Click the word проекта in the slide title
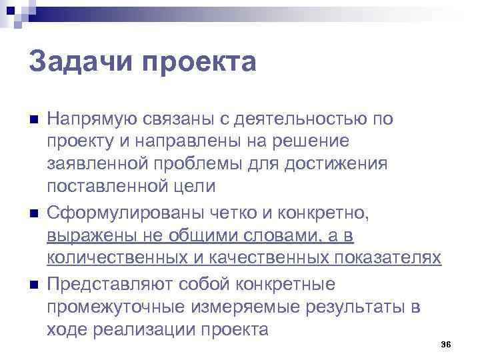tap(207, 64)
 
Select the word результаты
tap(347, 307)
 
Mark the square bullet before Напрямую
tap(34, 121)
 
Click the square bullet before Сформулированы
tap(34, 214)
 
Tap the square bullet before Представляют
tap(34, 285)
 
